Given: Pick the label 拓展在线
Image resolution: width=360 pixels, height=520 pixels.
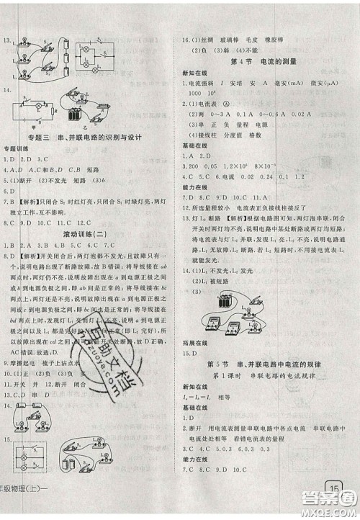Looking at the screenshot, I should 193,342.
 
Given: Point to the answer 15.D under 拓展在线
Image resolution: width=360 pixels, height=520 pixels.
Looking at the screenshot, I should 189,353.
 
